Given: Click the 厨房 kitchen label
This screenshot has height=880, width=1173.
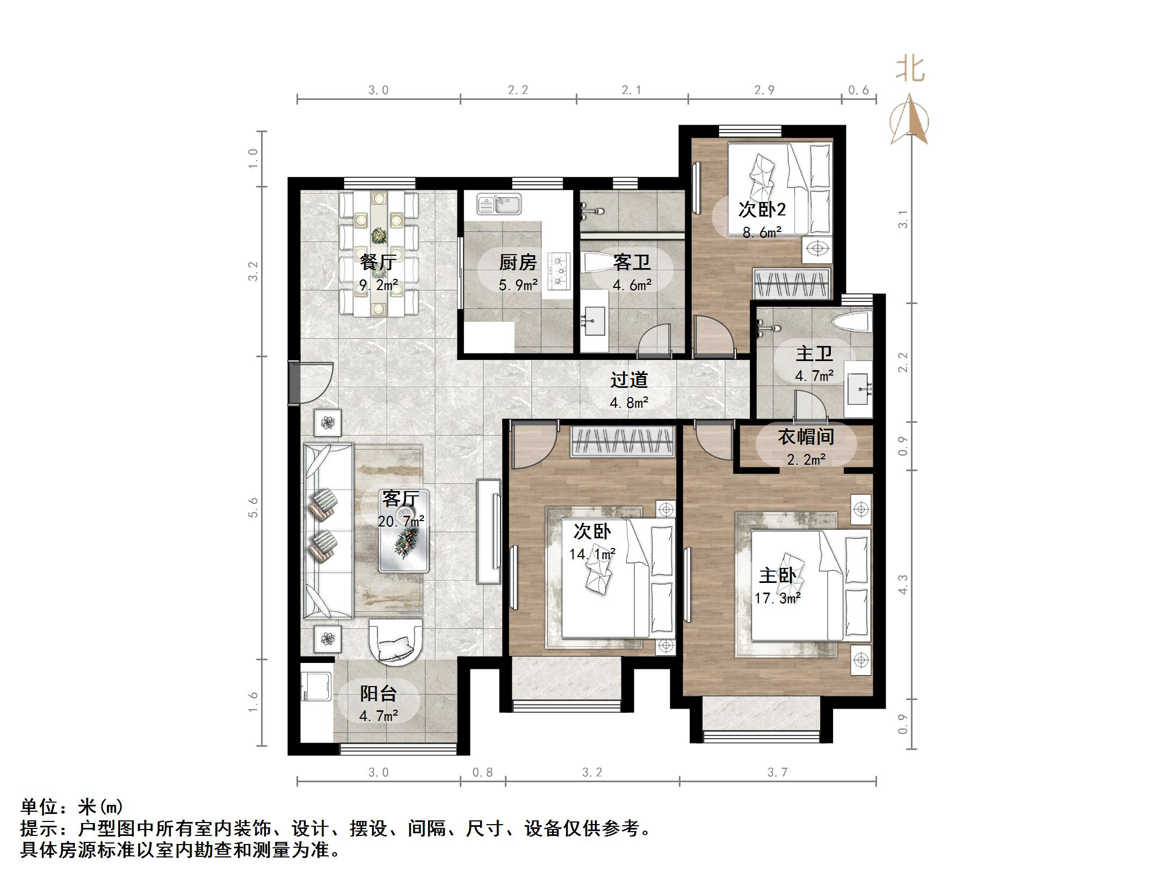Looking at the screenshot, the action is click(x=518, y=262).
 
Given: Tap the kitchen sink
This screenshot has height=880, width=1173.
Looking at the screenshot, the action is click(x=499, y=204).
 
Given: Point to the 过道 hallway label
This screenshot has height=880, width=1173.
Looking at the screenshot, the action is click(x=629, y=380).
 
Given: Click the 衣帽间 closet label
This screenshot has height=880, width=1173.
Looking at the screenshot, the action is click(x=806, y=437).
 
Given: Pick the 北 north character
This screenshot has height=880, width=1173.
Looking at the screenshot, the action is click(x=910, y=70).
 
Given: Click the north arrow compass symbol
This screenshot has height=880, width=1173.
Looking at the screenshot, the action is click(x=909, y=119).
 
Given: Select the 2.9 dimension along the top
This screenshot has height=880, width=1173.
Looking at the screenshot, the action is click(x=764, y=90).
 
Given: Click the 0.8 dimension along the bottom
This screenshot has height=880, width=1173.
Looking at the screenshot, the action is click(x=482, y=772).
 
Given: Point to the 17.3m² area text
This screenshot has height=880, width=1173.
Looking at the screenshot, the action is click(x=778, y=597).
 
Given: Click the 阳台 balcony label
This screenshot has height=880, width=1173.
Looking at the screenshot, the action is click(x=378, y=694).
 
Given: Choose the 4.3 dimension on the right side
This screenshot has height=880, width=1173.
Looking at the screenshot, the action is click(x=903, y=585).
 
